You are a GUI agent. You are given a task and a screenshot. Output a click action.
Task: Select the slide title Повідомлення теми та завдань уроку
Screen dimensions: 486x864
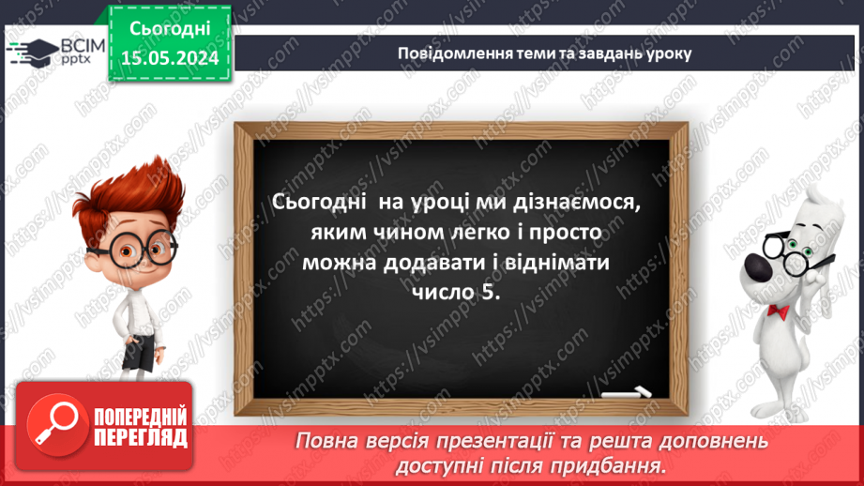(x=545, y=53)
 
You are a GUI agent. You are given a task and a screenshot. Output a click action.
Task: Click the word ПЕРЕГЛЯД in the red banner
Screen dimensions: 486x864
(x=142, y=437)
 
